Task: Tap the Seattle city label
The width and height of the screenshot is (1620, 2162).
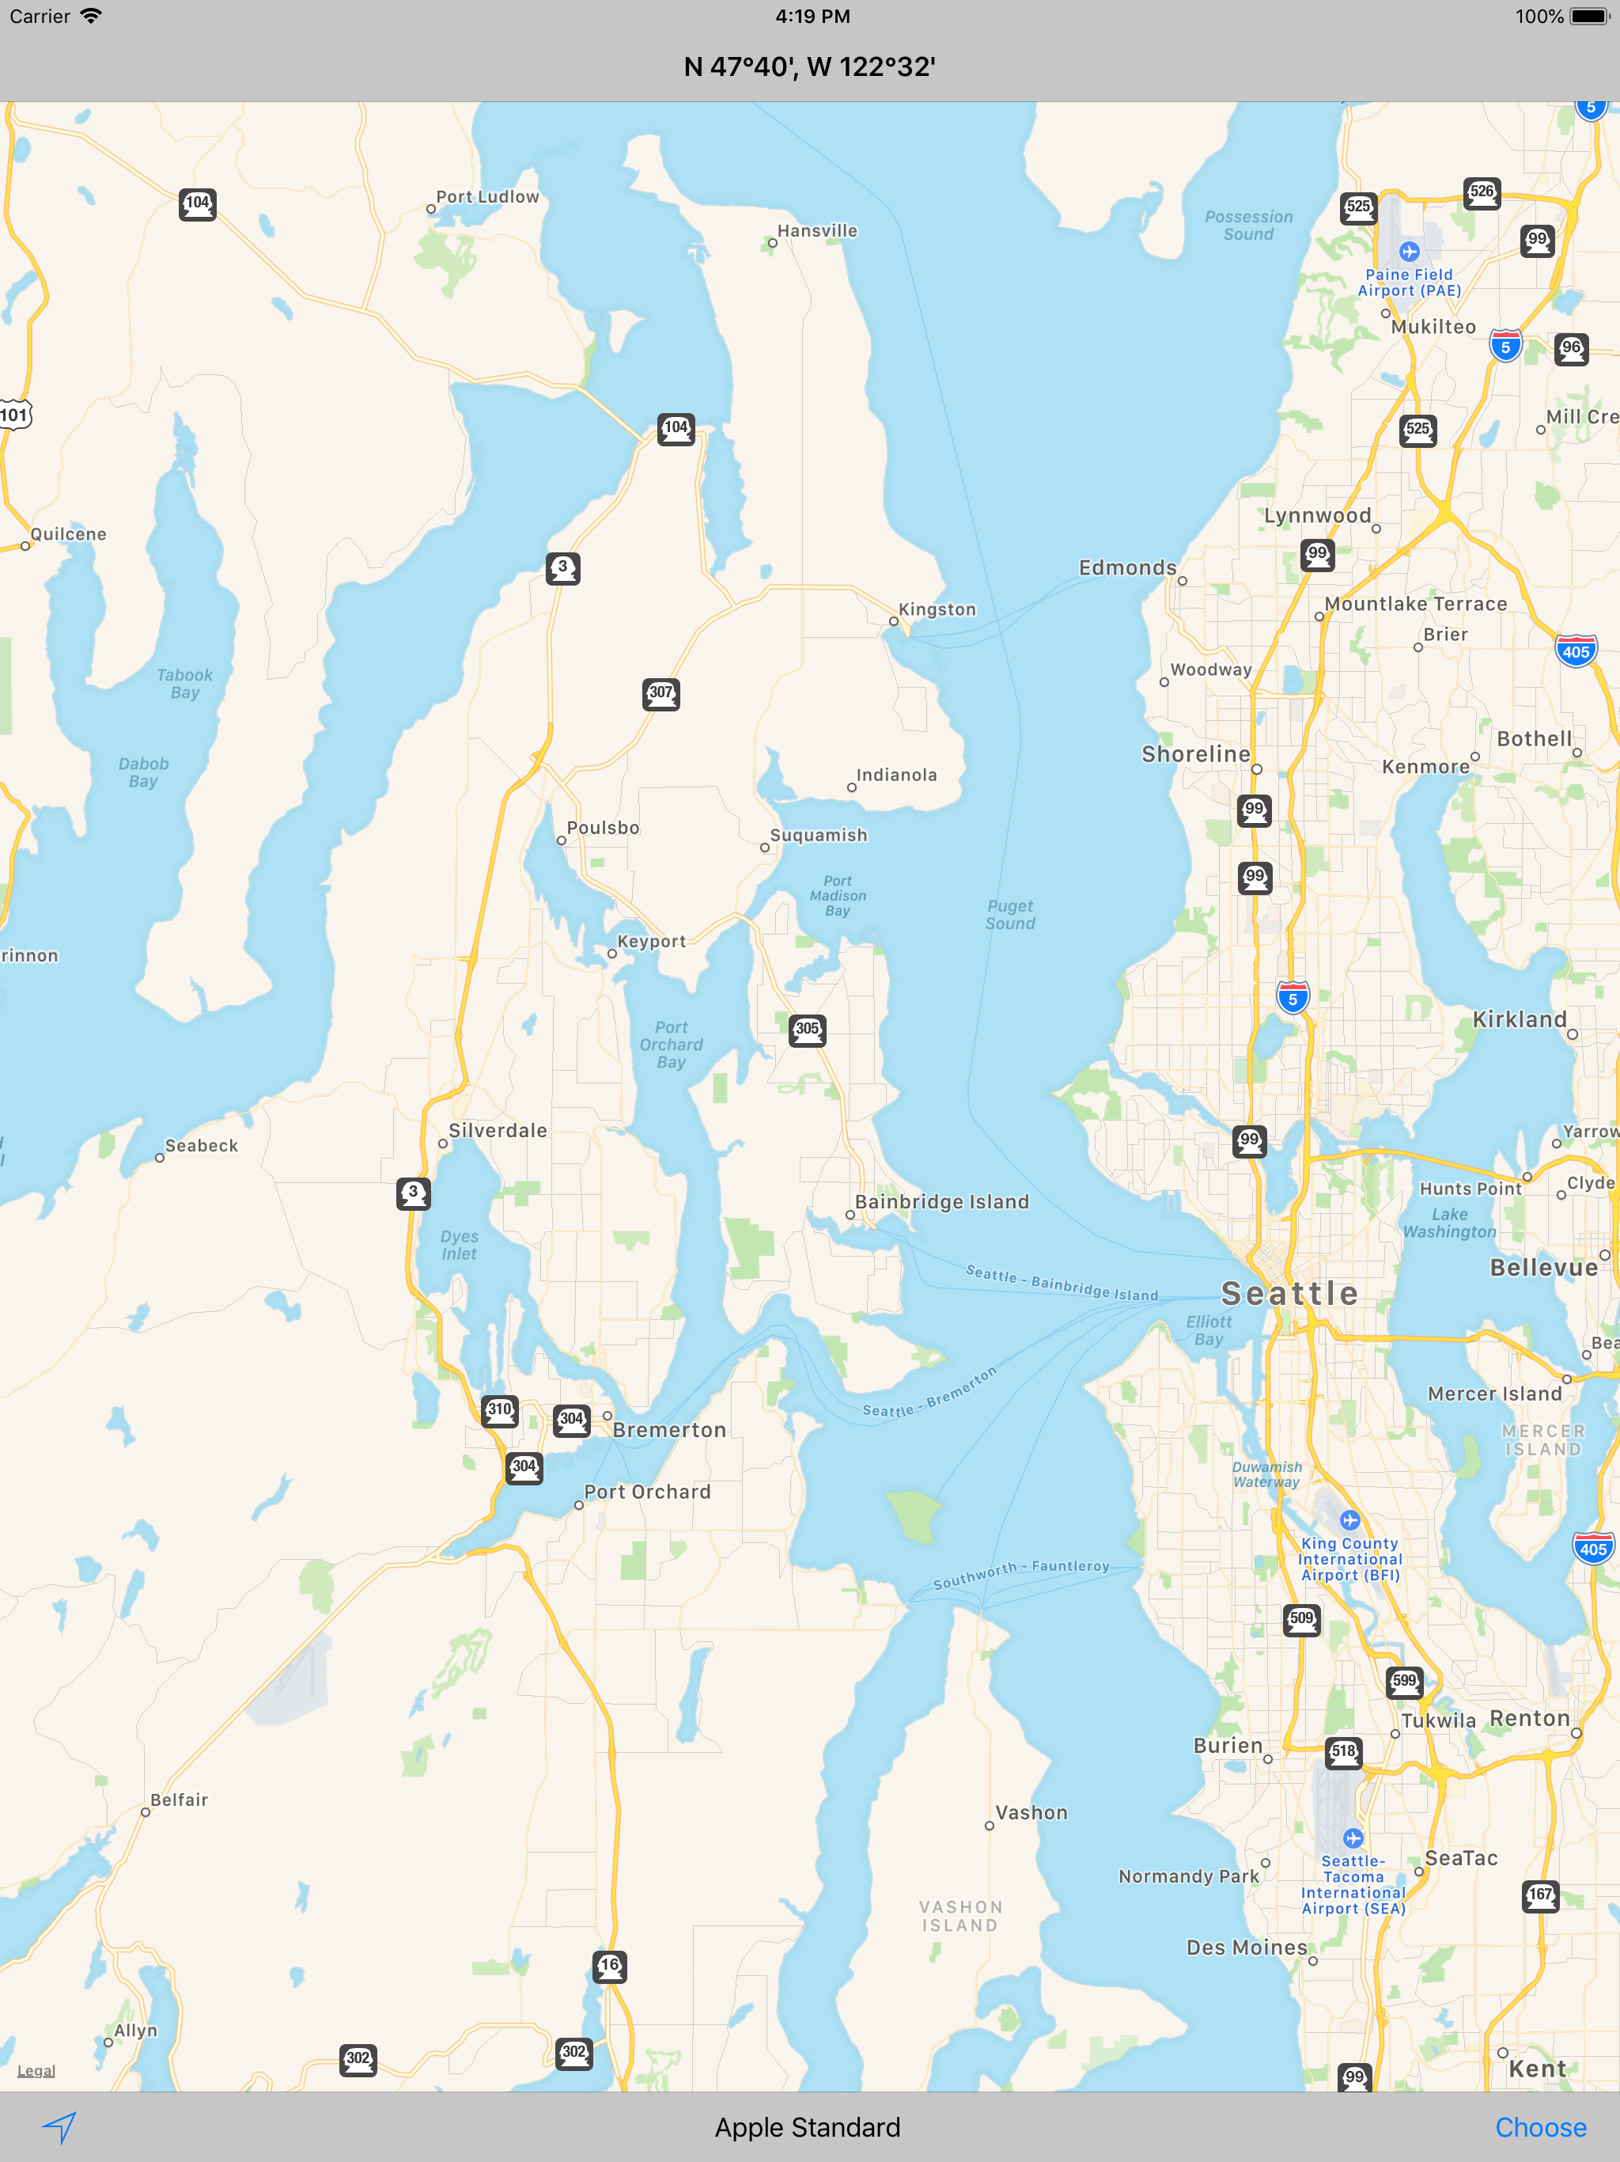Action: [1289, 1293]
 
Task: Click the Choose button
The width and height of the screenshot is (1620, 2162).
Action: [1540, 2128]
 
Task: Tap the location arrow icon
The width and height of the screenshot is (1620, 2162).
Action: [59, 2127]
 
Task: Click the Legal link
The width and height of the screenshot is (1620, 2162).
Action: [36, 2071]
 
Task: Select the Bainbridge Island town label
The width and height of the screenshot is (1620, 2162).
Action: [941, 1202]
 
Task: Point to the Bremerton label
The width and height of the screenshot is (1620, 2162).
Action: [669, 1430]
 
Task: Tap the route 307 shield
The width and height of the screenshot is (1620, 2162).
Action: [661, 694]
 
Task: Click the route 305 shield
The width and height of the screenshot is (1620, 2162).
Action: [807, 1030]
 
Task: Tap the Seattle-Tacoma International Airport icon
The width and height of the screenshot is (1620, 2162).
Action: [1353, 1838]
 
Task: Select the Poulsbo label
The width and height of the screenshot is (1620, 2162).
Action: [603, 828]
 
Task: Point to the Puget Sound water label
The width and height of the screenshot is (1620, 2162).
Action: [1010, 915]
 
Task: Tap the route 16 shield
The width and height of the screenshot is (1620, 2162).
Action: [610, 1966]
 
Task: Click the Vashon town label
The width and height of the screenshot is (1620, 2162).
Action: [1031, 1813]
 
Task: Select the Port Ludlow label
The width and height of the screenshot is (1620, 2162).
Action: [486, 197]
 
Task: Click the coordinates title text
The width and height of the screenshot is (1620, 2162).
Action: [809, 66]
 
